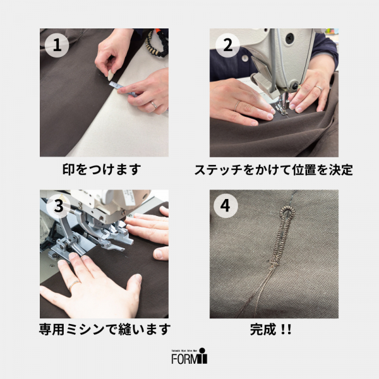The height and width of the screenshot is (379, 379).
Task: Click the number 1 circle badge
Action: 57,45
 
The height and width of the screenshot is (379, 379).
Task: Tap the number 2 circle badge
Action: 227,45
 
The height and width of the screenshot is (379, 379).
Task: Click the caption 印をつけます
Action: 104,169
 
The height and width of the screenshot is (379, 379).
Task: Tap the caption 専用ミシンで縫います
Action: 104,329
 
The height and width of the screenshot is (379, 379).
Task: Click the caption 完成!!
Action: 274,329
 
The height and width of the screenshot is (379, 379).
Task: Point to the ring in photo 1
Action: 153,104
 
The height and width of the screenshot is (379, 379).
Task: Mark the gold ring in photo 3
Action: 74,286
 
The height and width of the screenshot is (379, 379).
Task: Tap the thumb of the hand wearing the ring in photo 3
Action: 132,287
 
